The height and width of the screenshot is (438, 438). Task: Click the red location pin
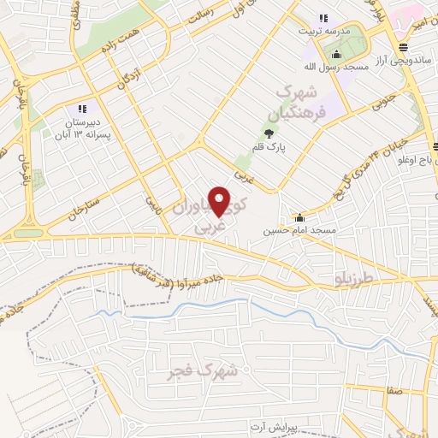(x=220, y=200)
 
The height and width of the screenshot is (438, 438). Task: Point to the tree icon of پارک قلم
(x=269, y=133)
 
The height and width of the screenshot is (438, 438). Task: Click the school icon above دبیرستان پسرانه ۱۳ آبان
(x=82, y=109)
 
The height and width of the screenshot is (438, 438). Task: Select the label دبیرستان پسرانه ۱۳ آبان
(x=81, y=128)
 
